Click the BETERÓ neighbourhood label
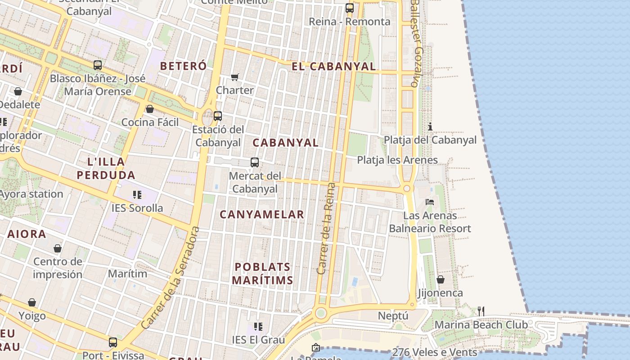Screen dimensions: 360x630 click(x=184, y=66)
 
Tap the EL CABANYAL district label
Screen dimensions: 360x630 click(x=333, y=67)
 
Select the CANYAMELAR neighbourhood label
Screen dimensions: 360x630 click(x=262, y=215)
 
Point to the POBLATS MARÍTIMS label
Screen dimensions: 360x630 click(x=262, y=274)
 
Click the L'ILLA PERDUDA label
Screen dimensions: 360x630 click(x=106, y=168)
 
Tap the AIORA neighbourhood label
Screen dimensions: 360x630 click(x=27, y=234)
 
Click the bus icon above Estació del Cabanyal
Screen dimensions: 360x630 click(x=218, y=116)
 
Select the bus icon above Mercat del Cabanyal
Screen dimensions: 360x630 click(x=255, y=162)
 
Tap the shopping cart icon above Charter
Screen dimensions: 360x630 click(x=234, y=77)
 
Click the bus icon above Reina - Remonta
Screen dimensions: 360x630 click(x=350, y=8)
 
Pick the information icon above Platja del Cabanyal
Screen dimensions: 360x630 click(x=430, y=126)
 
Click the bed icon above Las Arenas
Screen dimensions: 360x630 click(x=430, y=202)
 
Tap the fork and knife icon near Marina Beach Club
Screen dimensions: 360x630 click(x=481, y=311)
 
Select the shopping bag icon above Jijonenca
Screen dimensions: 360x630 click(x=441, y=279)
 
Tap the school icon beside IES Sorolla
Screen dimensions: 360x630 click(x=137, y=195)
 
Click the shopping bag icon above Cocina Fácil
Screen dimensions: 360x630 click(x=150, y=109)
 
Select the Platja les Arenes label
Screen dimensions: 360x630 click(x=397, y=160)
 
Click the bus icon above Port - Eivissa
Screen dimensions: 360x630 click(x=113, y=342)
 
